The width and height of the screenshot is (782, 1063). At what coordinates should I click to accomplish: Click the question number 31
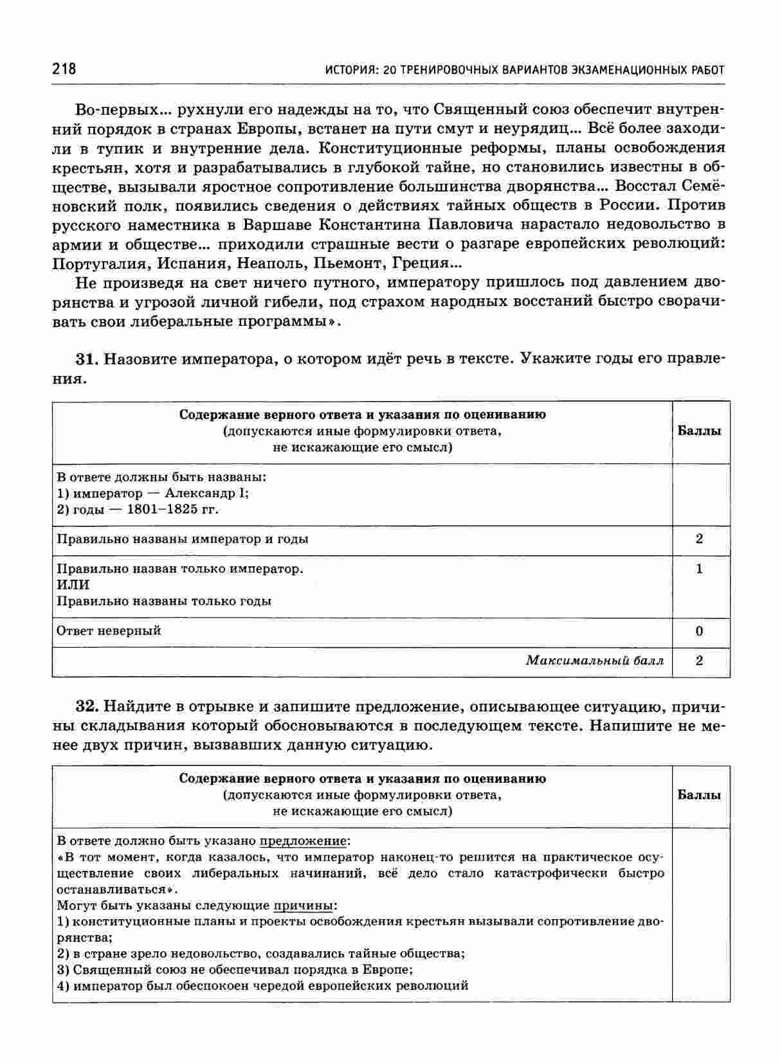[x=86, y=359]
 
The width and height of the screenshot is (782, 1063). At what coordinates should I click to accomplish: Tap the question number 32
[x=86, y=707]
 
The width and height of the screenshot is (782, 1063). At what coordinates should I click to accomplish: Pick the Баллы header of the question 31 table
[x=700, y=431]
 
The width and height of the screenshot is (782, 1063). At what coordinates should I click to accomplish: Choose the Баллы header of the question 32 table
[x=700, y=795]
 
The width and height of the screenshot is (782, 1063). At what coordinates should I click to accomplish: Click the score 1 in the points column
[x=700, y=569]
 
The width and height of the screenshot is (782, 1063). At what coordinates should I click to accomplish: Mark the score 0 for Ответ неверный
[x=700, y=631]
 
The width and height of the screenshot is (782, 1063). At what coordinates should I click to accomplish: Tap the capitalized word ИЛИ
[x=73, y=585]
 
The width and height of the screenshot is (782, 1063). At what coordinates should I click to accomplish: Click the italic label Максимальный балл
[x=594, y=661]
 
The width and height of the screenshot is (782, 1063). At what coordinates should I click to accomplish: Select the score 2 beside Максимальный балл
[x=700, y=661]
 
